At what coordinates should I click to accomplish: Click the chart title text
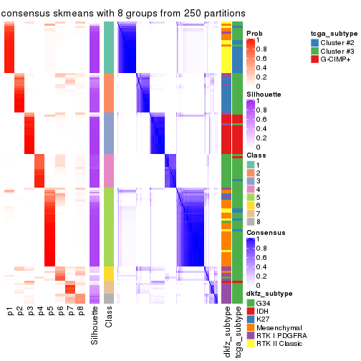pyautogui.click(x=123, y=14)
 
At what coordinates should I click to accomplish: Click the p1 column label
pyautogui.click(x=10, y=312)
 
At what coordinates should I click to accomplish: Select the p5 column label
pyautogui.click(x=50, y=312)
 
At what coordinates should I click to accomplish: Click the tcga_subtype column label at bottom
pyautogui.click(x=237, y=332)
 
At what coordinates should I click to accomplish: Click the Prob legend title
pyautogui.click(x=254, y=34)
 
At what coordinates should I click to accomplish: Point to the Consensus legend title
pyautogui.click(x=262, y=234)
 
